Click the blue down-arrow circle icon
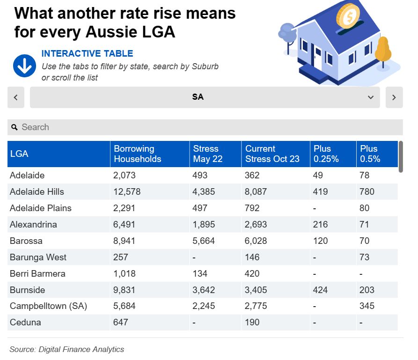(x=24, y=66)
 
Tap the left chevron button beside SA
(x=15, y=97)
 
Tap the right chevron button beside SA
(x=394, y=97)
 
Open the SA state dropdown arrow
(x=371, y=97)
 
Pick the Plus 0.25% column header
(x=326, y=154)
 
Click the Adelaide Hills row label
(x=37, y=191)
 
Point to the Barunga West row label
(x=38, y=257)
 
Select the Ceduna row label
(x=25, y=322)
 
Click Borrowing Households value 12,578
(x=127, y=191)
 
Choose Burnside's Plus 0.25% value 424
(x=321, y=290)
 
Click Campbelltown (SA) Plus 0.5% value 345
(x=367, y=306)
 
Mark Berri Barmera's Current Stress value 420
(x=253, y=273)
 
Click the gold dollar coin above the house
(x=348, y=17)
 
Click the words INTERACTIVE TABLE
(x=88, y=53)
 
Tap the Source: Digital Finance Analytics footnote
(x=66, y=349)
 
